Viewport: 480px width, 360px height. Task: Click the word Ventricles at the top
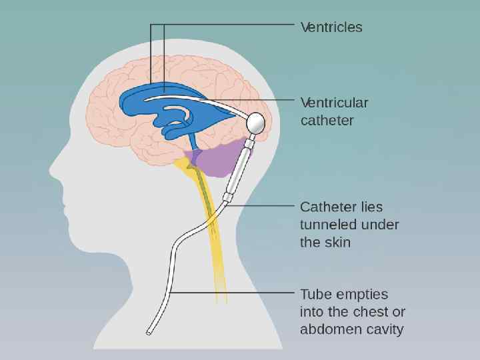coord(331,27)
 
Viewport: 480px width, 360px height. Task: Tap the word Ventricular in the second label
coord(334,103)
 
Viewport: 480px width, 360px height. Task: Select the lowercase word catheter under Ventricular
coord(327,121)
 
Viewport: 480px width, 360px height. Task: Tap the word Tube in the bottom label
coord(315,294)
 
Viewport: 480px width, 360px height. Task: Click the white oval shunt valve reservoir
coord(257,123)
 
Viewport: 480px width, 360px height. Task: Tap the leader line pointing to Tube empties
coord(233,292)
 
